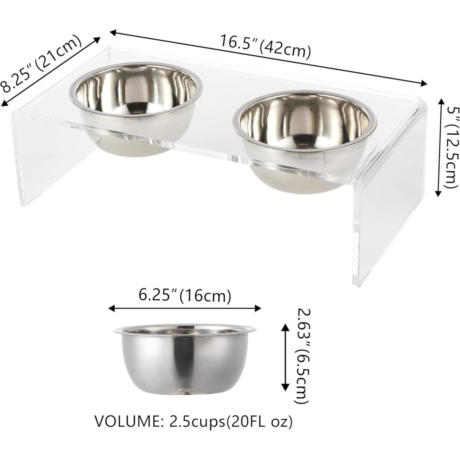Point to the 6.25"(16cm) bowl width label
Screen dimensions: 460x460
[x=185, y=296]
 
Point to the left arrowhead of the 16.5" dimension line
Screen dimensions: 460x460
[x=112, y=31]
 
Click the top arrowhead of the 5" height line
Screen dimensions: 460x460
[x=438, y=101]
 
